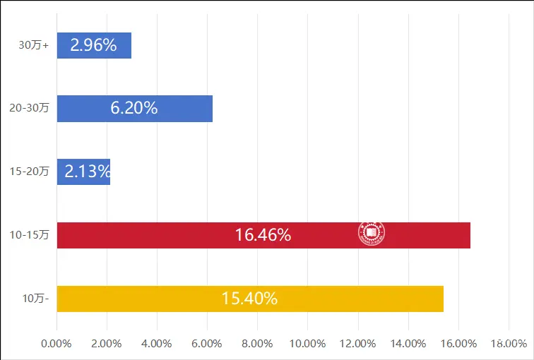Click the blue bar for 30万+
pos(94,45)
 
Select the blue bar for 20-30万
pos(134,109)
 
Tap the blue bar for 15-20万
pos(83,172)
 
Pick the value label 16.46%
pos(263,235)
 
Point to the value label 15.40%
pos(249,299)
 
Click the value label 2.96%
pos(93,45)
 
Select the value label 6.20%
pos(134,109)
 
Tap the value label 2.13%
pos(88,172)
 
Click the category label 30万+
pos(34,45)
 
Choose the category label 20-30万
pos(29,109)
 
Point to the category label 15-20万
pos(29,172)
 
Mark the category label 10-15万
pos(29,235)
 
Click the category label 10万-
pos(35,299)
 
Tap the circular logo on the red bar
pos(371,234)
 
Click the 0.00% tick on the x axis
pos(57,344)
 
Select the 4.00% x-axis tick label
pos(157,344)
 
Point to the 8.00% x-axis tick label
pos(257,344)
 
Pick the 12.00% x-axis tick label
pos(357,344)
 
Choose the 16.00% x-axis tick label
pos(458,344)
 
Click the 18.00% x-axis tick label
pos(509,344)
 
